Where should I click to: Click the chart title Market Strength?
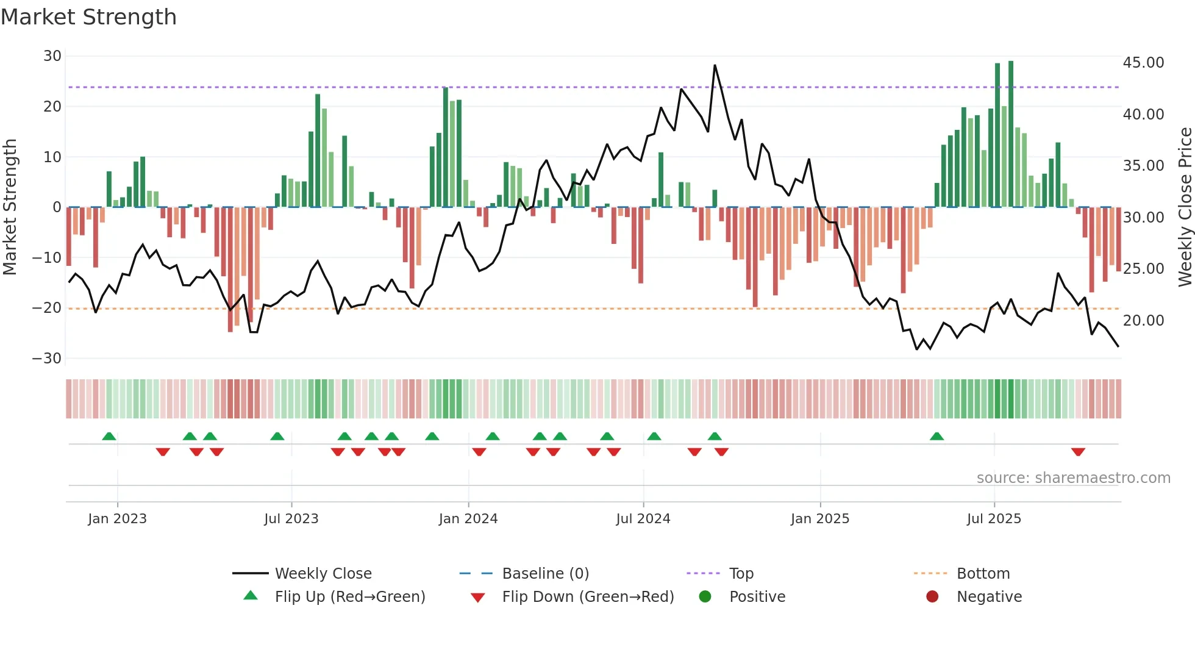(88, 17)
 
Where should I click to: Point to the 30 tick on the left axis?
(52, 56)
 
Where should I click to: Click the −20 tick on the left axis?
(47, 308)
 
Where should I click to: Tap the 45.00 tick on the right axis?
(1143, 63)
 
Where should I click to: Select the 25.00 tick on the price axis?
(1143, 269)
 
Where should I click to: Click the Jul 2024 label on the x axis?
(643, 519)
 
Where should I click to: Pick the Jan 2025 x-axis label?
(819, 519)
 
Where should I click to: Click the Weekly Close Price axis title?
(1185, 207)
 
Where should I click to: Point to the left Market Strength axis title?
(10, 207)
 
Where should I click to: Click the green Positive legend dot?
(705, 597)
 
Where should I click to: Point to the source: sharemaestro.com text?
(1073, 478)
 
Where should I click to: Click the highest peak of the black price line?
(715, 66)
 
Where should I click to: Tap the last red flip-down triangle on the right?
(1078, 452)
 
